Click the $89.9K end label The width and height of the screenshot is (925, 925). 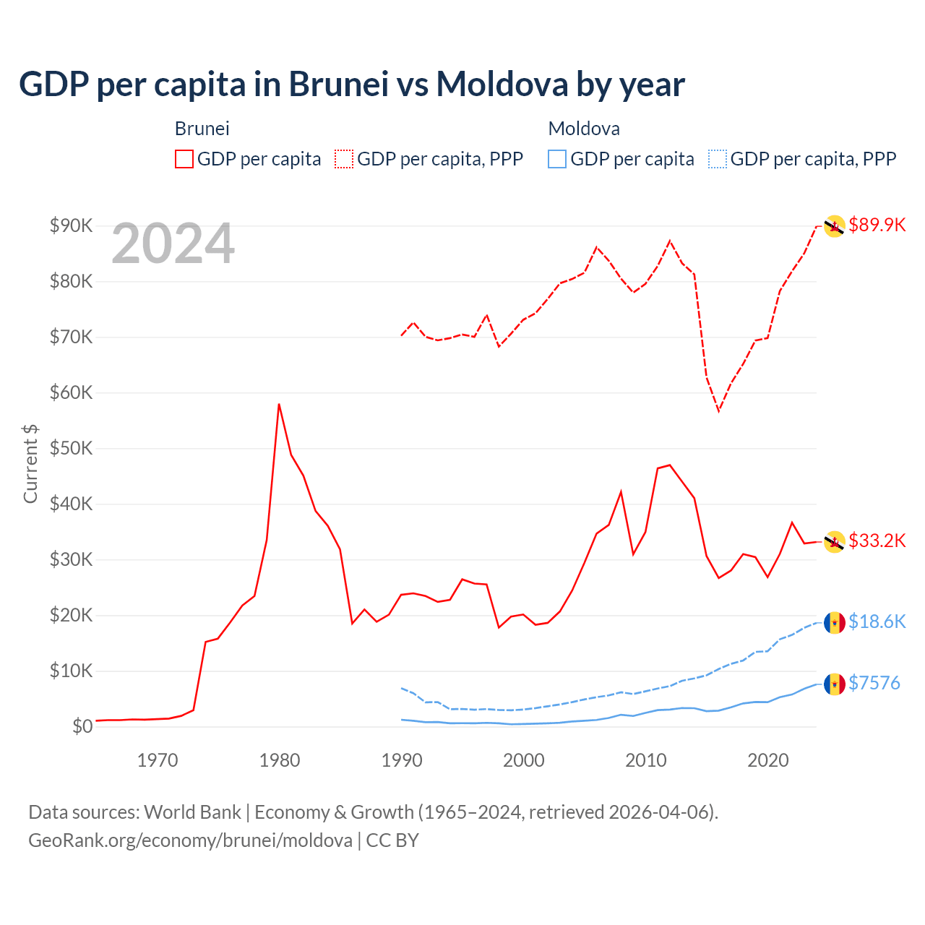[x=877, y=225]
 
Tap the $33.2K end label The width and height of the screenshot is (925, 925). [x=877, y=541]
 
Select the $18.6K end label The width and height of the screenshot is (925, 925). [x=877, y=621]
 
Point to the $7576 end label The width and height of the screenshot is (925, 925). [x=874, y=683]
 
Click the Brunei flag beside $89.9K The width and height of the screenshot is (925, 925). [x=835, y=226]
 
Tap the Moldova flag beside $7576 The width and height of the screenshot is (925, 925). [x=835, y=684]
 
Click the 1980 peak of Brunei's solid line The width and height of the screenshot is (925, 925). [x=279, y=404]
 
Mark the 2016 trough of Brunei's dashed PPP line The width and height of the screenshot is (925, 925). [x=718, y=410]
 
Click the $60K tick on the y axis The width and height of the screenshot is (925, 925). [x=72, y=392]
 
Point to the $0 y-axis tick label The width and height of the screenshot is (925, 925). [x=82, y=726]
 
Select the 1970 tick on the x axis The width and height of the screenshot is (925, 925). [x=158, y=760]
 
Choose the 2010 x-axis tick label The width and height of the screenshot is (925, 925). [x=646, y=760]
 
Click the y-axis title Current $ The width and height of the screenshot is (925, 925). [x=30, y=463]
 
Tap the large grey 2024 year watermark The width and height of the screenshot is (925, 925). [x=173, y=244]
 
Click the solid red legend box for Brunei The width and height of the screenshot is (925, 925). [x=184, y=159]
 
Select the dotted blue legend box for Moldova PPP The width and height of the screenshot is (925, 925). [x=718, y=159]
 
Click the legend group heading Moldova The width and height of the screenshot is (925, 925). [x=584, y=129]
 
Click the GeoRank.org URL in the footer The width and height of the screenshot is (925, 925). [x=190, y=840]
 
